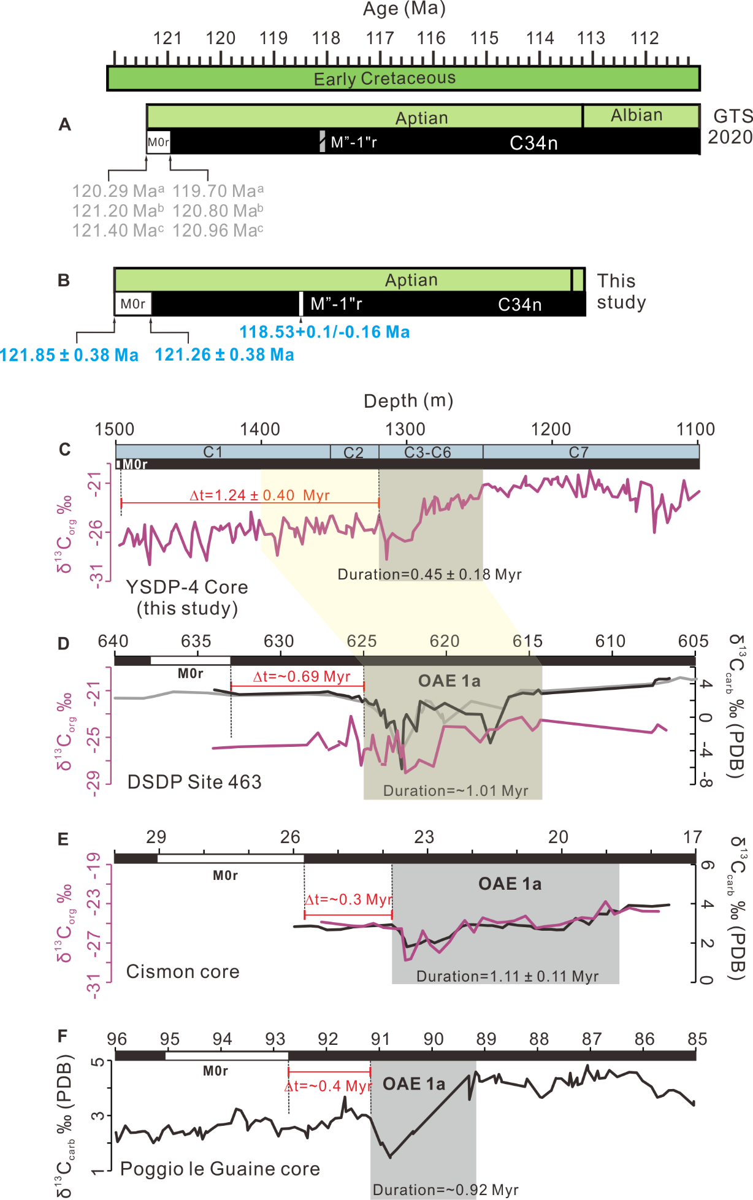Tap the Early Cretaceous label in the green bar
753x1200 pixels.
point(384,78)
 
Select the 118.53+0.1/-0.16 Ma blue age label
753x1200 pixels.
point(324,332)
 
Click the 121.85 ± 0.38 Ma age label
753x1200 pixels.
point(69,355)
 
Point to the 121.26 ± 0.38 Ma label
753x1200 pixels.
point(224,354)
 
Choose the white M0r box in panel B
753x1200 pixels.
point(133,304)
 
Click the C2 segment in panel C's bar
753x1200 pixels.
point(354,453)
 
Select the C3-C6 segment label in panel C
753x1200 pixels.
point(428,453)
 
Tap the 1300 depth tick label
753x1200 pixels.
point(405,429)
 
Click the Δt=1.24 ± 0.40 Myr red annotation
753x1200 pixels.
point(259,495)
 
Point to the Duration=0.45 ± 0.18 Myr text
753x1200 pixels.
point(429,575)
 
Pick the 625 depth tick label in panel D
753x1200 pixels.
point(362,641)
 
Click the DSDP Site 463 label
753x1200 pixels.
point(194,782)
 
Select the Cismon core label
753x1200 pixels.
point(183,971)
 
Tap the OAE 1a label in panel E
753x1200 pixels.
point(510,884)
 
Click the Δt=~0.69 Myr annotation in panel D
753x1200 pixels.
point(302,676)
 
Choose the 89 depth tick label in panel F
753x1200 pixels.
point(486,1039)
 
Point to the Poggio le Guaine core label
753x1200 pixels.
point(220,1169)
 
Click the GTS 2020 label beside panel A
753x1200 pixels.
point(730,126)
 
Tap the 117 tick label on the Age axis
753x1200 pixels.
point(380,38)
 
